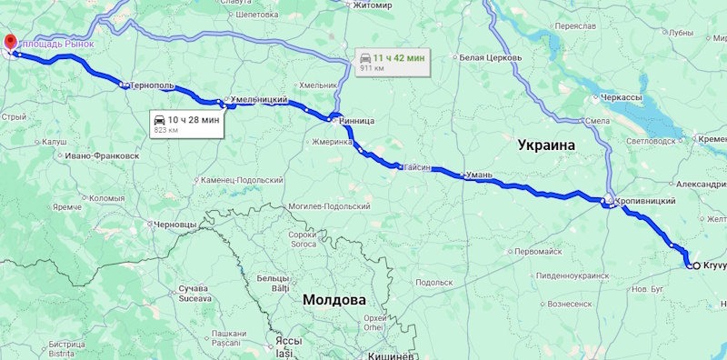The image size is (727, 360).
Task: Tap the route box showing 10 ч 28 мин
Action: (186, 124)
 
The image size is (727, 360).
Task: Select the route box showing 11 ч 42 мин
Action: (392, 62)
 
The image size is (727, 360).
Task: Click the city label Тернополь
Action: (152, 85)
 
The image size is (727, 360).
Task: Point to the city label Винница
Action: (354, 120)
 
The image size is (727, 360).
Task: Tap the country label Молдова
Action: (334, 299)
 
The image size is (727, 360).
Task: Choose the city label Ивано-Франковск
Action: (101, 155)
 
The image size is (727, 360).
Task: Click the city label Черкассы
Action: (622, 96)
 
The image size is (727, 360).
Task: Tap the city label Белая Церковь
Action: (490, 57)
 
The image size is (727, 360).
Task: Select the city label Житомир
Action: (373, 5)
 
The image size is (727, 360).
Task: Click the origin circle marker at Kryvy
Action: (695, 265)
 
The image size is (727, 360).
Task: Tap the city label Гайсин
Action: (416, 167)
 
